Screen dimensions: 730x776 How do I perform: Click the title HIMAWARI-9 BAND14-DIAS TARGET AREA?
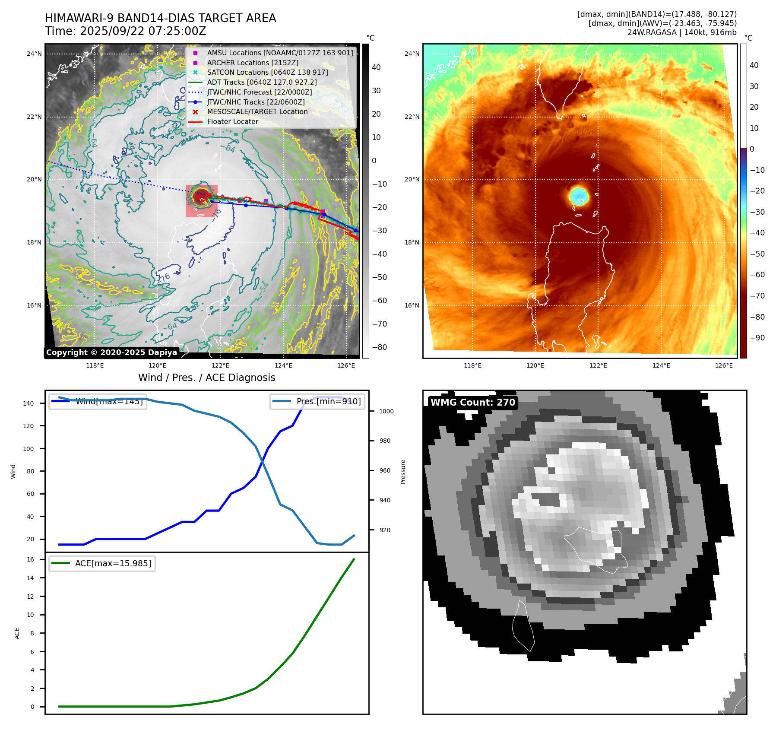coord(160,18)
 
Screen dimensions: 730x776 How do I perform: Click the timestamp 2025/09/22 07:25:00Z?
coord(143,32)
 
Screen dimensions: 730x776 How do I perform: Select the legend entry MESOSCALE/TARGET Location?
coord(257,112)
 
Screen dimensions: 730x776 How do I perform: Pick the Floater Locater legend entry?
coord(232,122)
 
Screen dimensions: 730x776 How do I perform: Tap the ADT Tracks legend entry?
coord(262,82)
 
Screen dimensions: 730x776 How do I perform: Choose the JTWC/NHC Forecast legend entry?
coord(259,92)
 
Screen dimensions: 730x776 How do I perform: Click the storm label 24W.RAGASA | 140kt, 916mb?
coord(682,32)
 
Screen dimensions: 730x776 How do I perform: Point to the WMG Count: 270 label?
coord(473,403)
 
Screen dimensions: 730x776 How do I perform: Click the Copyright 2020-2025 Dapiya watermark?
coord(111,352)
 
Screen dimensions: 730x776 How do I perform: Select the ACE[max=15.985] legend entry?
coord(113,564)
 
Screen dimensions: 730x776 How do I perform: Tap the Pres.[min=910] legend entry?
coord(328,401)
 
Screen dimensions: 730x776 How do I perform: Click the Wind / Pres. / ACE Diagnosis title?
coord(206,378)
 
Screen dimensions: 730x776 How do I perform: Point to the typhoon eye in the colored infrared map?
coord(579,195)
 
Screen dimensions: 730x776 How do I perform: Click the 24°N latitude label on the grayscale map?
coord(35,54)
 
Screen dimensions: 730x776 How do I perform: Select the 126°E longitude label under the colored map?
coord(724,365)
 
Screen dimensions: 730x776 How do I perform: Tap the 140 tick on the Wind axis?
coord(29,403)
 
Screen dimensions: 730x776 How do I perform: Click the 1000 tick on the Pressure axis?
coord(386,411)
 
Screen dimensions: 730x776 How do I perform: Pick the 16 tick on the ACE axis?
coord(30,559)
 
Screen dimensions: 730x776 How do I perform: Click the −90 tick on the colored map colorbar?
coord(757,338)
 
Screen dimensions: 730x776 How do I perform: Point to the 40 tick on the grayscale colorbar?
coord(376,67)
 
